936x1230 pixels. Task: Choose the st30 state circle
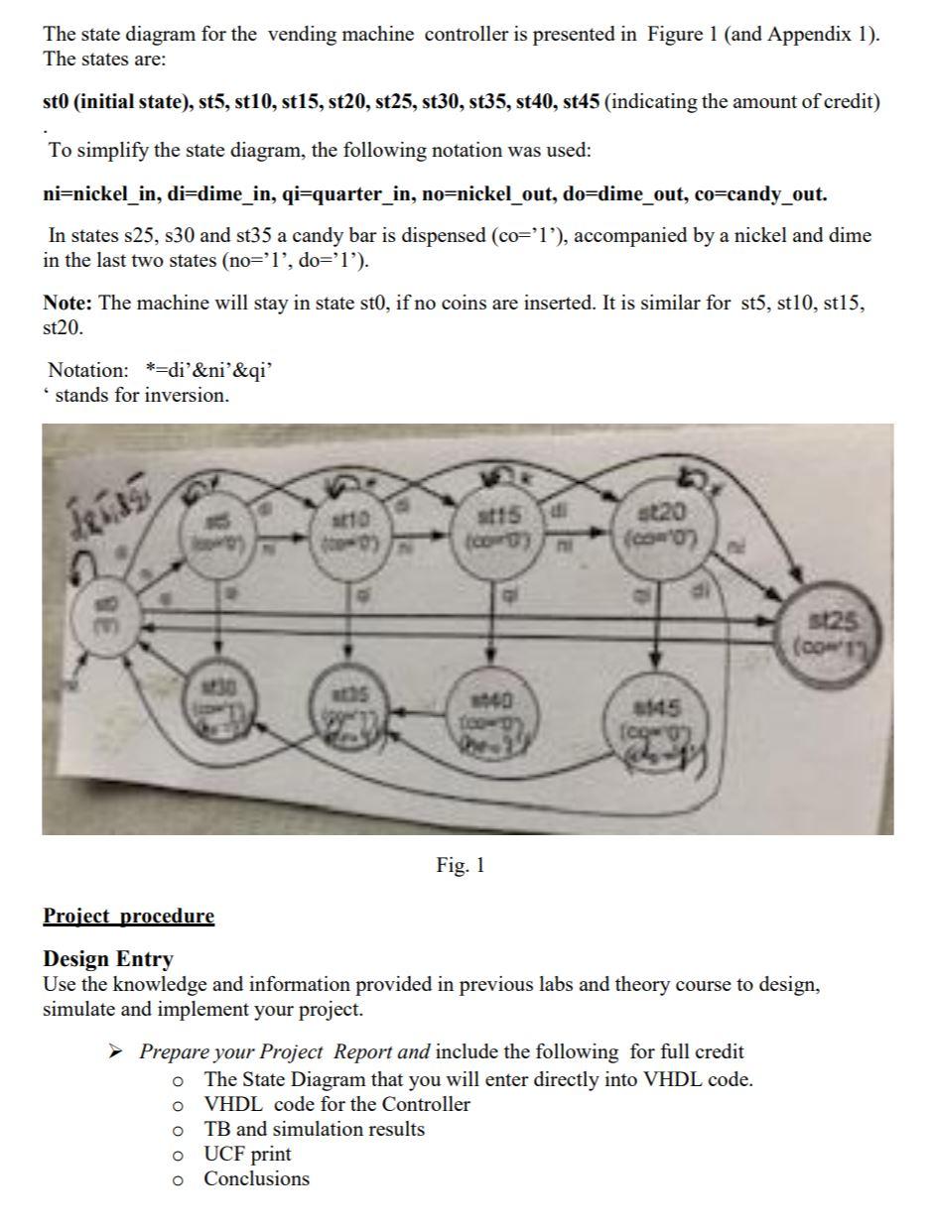point(214,696)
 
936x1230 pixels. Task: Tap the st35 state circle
point(347,701)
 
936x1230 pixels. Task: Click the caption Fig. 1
point(461,866)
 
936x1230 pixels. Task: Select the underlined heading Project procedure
point(128,916)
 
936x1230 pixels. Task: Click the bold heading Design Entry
point(107,959)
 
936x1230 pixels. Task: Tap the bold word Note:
point(68,303)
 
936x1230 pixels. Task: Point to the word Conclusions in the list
point(256,1179)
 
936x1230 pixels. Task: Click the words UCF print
point(247,1155)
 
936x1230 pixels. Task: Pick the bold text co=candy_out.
point(776,194)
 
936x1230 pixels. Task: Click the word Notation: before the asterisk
point(88,370)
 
